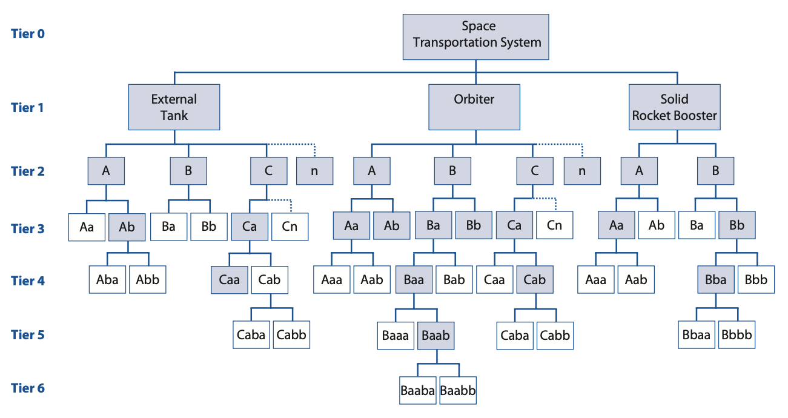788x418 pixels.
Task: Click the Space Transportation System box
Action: pos(476,36)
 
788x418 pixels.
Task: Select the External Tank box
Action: pos(174,107)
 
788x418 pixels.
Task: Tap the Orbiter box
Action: pos(474,107)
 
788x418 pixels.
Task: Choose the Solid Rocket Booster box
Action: pos(675,107)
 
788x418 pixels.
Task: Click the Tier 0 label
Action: pos(28,33)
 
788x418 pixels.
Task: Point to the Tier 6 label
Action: pos(28,388)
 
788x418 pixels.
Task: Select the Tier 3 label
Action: pos(28,228)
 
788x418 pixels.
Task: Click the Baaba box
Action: pos(418,391)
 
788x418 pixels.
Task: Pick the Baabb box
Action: pos(458,391)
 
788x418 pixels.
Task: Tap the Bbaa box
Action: pos(695,334)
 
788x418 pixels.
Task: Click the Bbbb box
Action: pos(737,334)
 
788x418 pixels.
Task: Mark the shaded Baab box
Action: pos(435,334)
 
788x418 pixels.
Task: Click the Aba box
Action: pos(107,280)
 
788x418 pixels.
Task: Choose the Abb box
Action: pos(148,280)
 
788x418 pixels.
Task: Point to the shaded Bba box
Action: pos(716,280)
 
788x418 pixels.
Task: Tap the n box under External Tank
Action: pos(314,171)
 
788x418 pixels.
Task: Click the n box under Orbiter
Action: pos(582,171)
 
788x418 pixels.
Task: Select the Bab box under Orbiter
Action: pos(454,280)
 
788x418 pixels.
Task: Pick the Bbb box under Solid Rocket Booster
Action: pos(756,280)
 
